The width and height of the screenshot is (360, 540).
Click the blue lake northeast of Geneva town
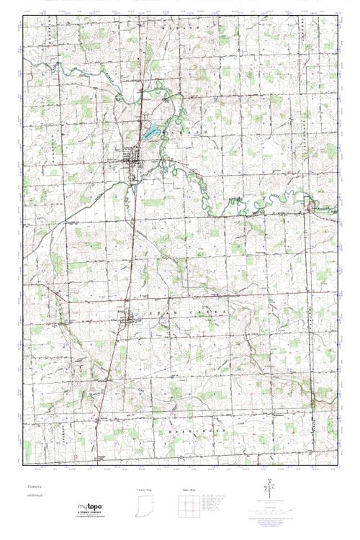pos(150,132)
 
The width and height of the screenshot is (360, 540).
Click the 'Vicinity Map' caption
pos(145,489)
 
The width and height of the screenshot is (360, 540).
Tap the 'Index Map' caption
pos(188,489)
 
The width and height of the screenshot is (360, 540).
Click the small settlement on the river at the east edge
pos(311,207)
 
